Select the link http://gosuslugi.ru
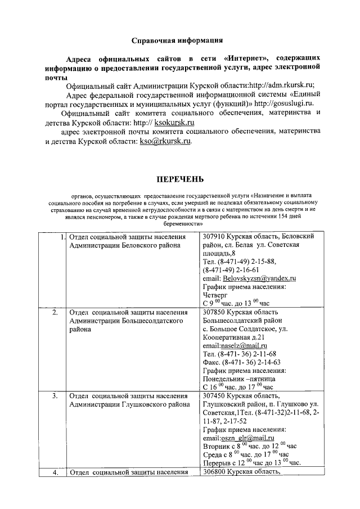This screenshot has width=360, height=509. (x=287, y=103)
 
